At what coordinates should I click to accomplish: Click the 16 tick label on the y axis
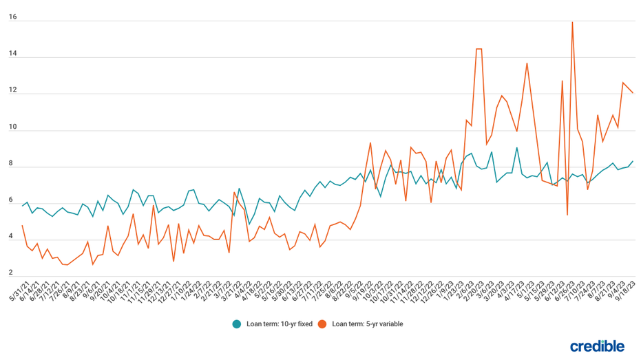coord(12,17)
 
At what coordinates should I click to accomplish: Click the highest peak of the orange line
coord(572,22)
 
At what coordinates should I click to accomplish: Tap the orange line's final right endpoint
coord(633,93)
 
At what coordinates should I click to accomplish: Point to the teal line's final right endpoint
coord(633,161)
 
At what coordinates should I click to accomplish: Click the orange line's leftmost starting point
coord(22,226)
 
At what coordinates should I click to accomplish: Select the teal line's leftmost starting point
coord(22,206)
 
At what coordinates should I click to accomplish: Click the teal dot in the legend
coord(237,324)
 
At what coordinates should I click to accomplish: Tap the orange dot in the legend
coord(322,324)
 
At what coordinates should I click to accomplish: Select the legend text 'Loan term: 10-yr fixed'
coord(277,324)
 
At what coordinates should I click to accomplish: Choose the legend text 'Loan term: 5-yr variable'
coord(368,324)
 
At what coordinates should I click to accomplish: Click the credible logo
coord(597,346)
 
